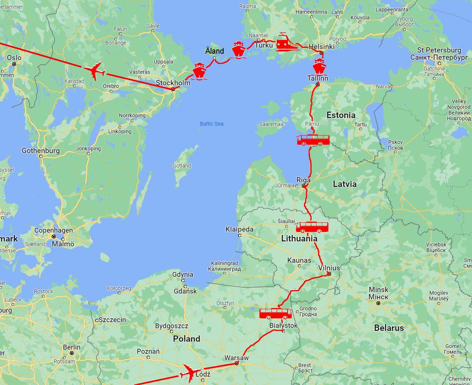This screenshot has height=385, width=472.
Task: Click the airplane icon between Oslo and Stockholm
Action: [x=94, y=71]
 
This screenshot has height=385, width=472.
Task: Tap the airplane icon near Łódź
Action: [x=189, y=372]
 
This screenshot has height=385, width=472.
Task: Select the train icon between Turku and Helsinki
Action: [x=287, y=42]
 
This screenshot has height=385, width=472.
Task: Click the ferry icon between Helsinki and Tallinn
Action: [x=319, y=66]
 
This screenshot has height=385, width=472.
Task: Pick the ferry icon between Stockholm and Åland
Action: [x=199, y=71]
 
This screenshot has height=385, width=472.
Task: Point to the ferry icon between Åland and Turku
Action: [x=239, y=50]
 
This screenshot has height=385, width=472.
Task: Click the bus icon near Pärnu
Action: [x=313, y=140]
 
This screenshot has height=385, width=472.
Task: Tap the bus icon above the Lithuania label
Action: [x=312, y=227]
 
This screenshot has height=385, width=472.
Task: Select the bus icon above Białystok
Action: [x=275, y=314]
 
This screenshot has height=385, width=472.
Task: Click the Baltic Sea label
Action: [x=211, y=124]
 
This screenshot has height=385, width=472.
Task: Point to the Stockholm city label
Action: [x=173, y=83]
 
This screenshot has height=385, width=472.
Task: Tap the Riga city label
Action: [x=304, y=180]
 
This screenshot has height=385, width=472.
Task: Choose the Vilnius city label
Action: [x=329, y=268]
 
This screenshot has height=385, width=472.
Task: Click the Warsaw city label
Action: [x=236, y=358]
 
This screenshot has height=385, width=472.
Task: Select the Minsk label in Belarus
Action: [x=378, y=289]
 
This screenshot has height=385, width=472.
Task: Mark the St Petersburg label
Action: [x=439, y=50]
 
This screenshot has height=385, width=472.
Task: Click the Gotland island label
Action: [x=182, y=166]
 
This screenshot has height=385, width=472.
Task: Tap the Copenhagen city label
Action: [x=53, y=230]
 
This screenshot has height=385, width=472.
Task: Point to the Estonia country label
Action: [x=341, y=115]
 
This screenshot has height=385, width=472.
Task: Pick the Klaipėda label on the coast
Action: [x=239, y=229]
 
